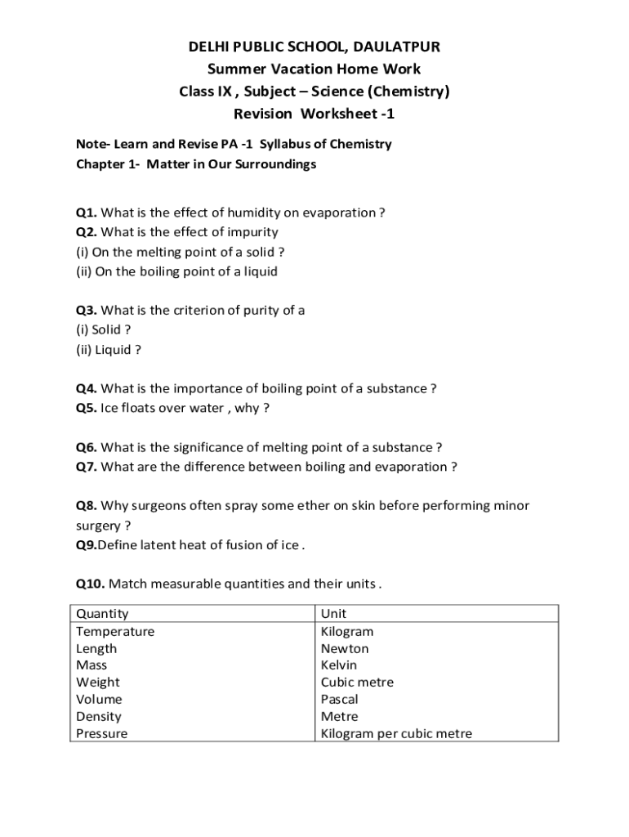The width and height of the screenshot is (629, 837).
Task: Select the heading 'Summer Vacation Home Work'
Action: point(314,69)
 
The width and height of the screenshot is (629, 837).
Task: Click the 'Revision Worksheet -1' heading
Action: point(314,114)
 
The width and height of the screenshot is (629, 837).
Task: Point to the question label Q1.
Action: point(87,213)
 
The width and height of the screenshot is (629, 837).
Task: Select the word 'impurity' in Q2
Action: point(250,232)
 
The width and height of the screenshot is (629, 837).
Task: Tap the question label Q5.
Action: point(87,408)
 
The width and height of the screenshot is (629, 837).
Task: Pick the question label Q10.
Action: point(90,584)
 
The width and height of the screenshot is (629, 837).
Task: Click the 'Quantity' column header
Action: point(102,614)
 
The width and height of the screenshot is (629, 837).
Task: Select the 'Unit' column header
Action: point(333,614)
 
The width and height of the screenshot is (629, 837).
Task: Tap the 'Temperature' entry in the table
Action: point(115,632)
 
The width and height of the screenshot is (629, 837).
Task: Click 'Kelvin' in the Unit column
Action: point(339,665)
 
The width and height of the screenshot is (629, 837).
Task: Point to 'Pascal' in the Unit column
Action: point(339,700)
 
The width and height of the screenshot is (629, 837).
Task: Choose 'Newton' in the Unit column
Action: point(345,649)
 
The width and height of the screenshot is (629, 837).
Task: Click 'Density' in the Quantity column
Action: point(99,717)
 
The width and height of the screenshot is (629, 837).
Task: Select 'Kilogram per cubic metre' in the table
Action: point(396,734)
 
